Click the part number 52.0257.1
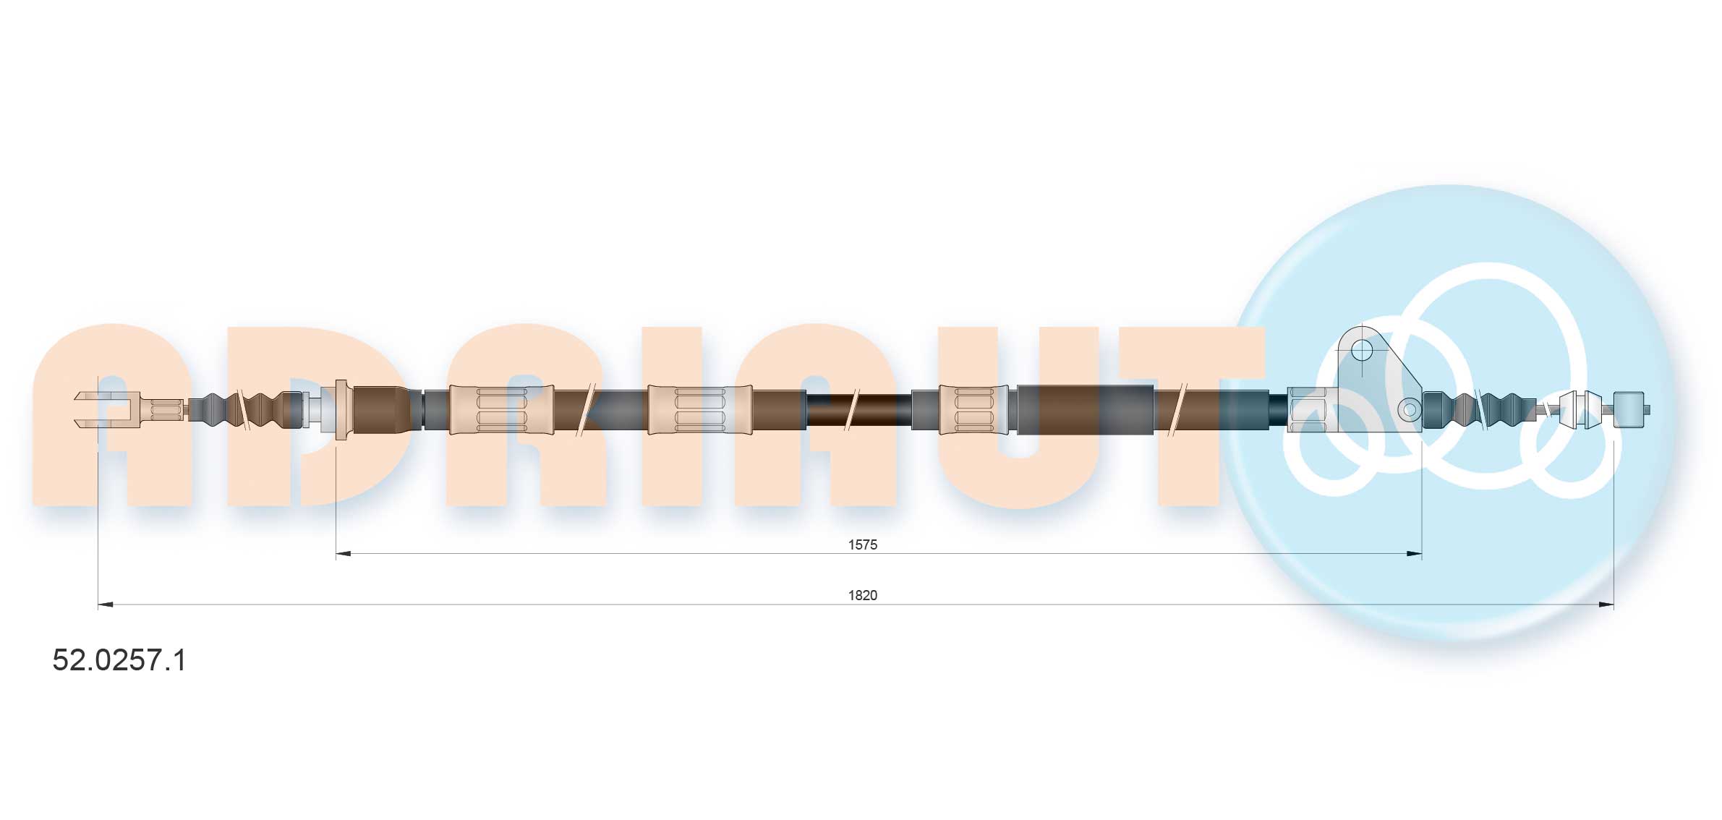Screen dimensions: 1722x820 [119, 660]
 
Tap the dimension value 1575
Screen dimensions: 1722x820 [862, 544]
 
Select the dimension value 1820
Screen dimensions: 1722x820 [862, 595]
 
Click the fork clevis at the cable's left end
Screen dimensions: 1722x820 [107, 409]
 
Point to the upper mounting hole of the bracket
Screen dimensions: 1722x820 [1362, 351]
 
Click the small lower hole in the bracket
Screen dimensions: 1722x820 [1410, 410]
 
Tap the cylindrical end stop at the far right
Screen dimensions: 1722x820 [1629, 410]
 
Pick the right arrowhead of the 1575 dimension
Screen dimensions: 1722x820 [1414, 554]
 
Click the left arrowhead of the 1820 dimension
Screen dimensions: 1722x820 [106, 605]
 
